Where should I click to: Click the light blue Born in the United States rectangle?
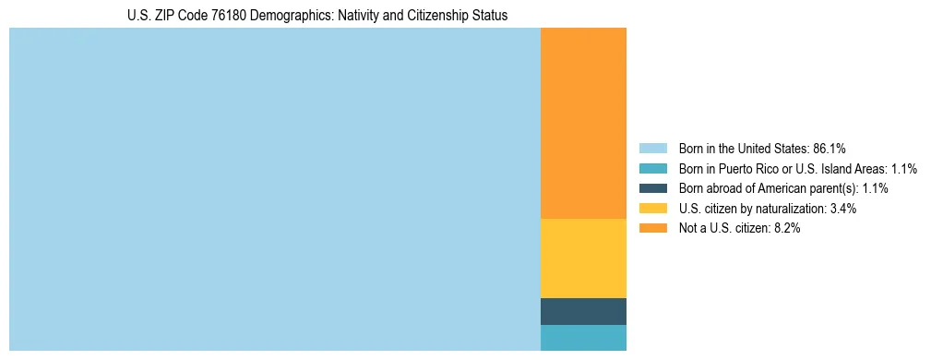(x=274, y=189)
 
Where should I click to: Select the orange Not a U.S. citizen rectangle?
(x=583, y=123)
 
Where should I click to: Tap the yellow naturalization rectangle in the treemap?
(x=583, y=258)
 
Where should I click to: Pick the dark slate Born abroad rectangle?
(x=583, y=311)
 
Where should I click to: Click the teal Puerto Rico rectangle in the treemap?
(x=583, y=338)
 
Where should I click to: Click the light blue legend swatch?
(x=652, y=149)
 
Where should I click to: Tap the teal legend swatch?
(x=652, y=169)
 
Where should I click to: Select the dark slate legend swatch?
(x=652, y=188)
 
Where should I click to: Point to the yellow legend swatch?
(x=652, y=209)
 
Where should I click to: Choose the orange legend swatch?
(x=652, y=228)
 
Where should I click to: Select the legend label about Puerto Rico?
(x=784, y=169)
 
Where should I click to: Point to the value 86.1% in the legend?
(x=830, y=149)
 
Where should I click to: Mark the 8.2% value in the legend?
(x=787, y=228)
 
